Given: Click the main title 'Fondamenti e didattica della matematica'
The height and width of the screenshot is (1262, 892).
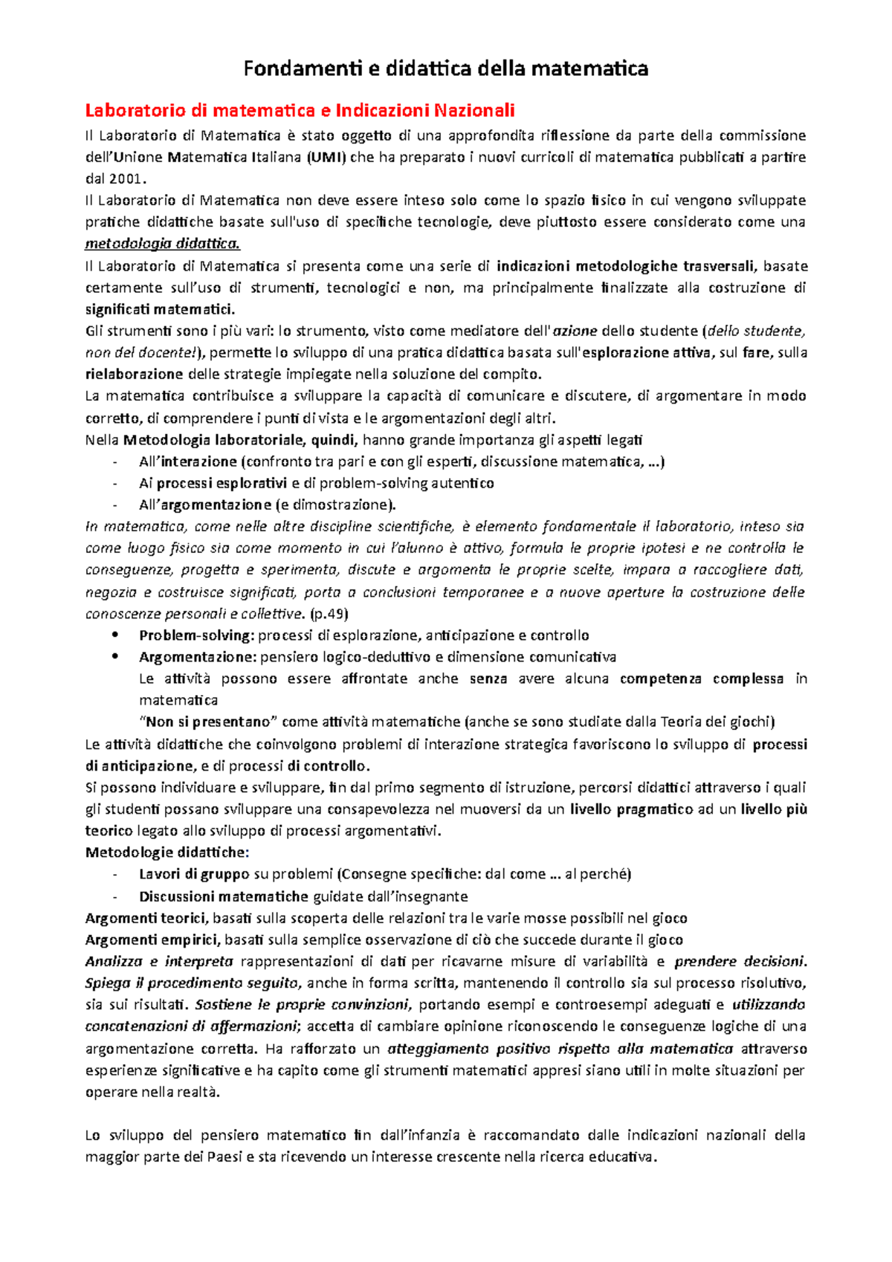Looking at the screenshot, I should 446,69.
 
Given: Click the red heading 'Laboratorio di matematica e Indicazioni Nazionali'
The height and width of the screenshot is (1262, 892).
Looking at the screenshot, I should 300,111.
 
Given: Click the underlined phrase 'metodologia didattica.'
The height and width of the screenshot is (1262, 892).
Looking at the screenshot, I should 163,244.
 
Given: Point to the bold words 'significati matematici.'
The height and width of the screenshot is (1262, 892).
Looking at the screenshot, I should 160,309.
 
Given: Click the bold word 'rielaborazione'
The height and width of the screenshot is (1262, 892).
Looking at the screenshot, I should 134,374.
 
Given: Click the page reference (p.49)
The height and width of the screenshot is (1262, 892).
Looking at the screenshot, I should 329,614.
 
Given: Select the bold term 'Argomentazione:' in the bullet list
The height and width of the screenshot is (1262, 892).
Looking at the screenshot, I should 198,657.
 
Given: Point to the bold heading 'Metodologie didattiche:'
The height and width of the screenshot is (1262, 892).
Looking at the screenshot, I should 167,852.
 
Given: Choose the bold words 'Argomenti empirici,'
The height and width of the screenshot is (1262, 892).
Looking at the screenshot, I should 153,939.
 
